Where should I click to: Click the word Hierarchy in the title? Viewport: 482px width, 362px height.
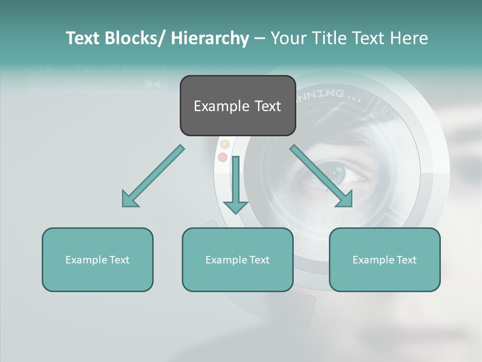pyautogui.click(x=209, y=38)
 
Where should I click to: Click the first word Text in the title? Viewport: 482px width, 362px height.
pyautogui.click(x=83, y=38)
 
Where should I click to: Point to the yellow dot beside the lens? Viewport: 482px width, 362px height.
pyautogui.click(x=225, y=144)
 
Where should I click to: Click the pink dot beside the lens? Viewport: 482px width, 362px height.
pyautogui.click(x=222, y=157)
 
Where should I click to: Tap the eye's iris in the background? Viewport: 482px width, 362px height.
pyautogui.click(x=340, y=173)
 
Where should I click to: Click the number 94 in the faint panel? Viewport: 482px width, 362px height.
pyautogui.click(x=153, y=84)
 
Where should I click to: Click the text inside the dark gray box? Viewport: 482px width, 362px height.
pyautogui.click(x=237, y=106)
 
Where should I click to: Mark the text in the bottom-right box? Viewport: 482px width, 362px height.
pyautogui.click(x=385, y=260)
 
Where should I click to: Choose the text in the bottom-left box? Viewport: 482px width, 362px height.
pyautogui.click(x=97, y=260)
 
